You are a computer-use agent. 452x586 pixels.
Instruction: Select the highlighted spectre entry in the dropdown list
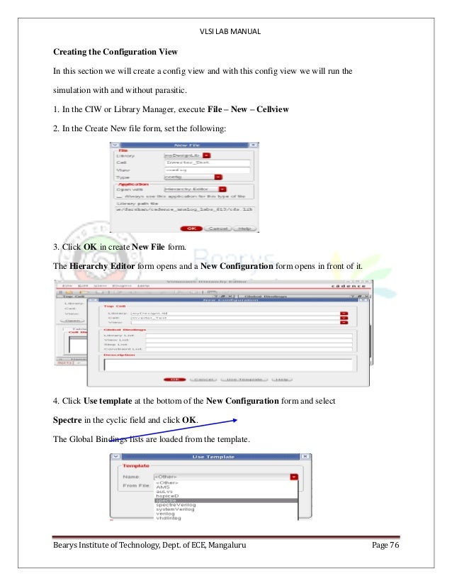click(166, 500)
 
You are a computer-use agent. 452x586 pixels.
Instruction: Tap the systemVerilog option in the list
click(174, 510)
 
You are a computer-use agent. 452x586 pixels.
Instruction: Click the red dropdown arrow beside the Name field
click(293, 477)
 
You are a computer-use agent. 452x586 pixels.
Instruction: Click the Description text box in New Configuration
click(227, 365)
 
